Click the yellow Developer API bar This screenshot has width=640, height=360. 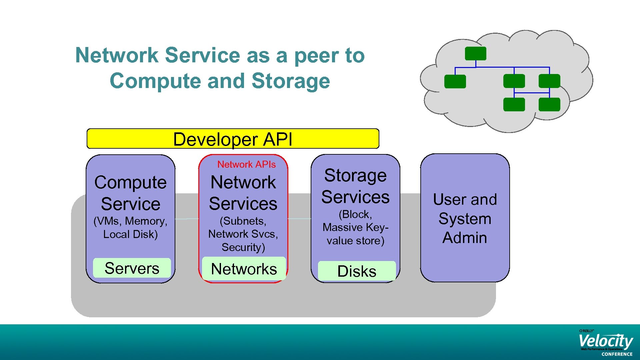pos(233,139)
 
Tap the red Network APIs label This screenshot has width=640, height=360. pos(246,164)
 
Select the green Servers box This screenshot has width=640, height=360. pos(132,268)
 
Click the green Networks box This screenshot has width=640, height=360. pos(244,269)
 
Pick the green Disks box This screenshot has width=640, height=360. pos(357,271)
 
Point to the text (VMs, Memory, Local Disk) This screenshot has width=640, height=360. pos(130,227)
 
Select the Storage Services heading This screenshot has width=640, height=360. pos(355,186)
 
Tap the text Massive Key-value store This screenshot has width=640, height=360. pos(355,234)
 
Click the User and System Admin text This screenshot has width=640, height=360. pos(465,218)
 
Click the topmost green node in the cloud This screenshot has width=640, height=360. pos(475,54)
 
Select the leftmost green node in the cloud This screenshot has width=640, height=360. pos(455,81)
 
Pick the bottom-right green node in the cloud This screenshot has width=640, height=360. pos(549,104)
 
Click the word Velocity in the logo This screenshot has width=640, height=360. pos(605,341)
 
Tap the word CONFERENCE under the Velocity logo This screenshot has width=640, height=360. pos(617,354)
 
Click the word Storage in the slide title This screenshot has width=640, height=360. pos(291,81)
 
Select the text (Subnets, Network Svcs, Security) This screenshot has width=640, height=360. pos(243,234)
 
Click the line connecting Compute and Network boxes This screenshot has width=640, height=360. pos(187,219)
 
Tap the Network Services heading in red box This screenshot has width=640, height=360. pos(243,193)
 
